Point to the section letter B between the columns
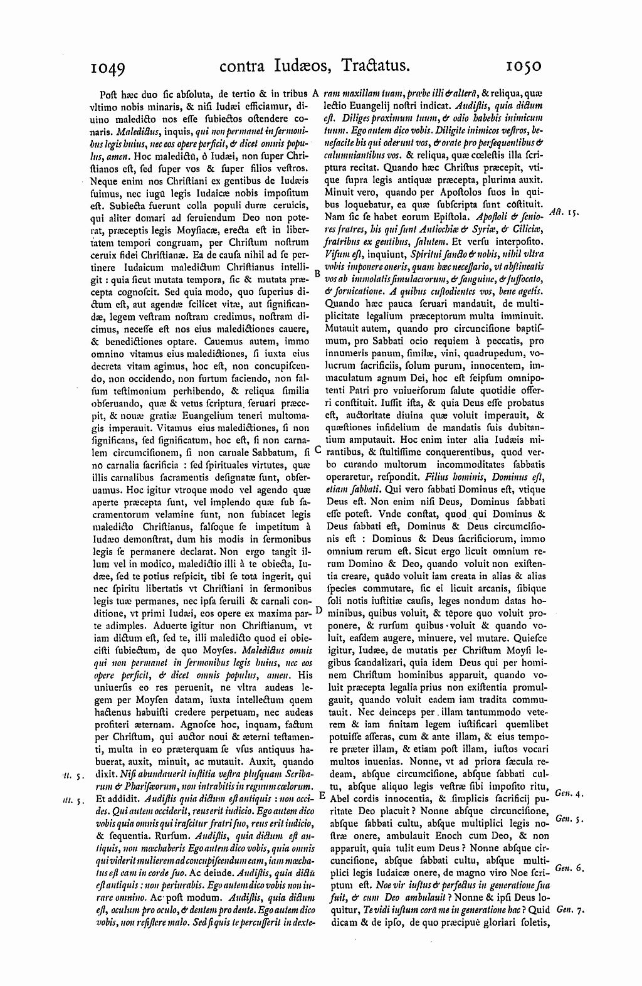(x=317, y=274)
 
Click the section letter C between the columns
(x=318, y=449)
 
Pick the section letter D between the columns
(x=318, y=610)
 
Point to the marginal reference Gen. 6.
(x=569, y=868)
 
